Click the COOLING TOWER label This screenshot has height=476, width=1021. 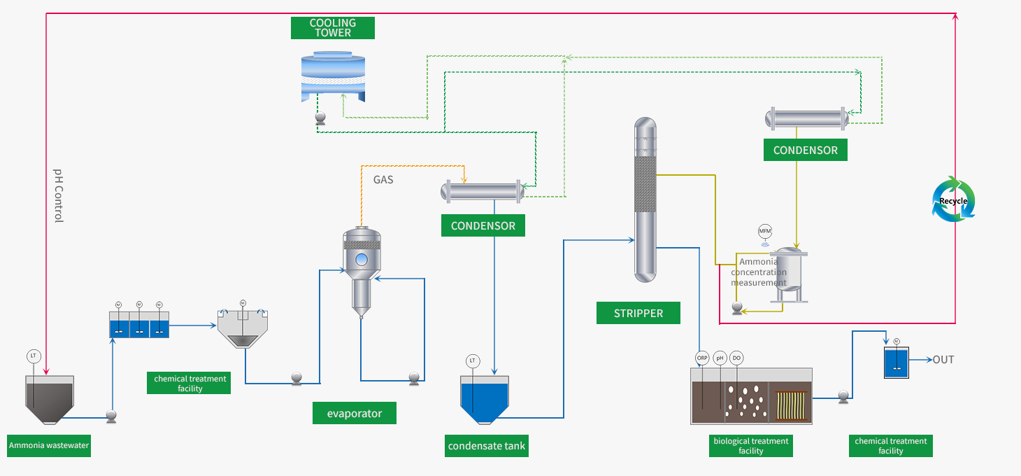(333, 28)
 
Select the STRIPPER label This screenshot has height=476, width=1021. (638, 313)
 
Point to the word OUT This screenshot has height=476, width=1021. (943, 360)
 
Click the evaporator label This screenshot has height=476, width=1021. (355, 413)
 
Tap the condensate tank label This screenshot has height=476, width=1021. (486, 446)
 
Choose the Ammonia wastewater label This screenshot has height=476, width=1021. (49, 445)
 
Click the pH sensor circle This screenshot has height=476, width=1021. (720, 358)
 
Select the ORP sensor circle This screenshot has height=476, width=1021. (702, 358)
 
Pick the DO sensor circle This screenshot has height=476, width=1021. (736, 358)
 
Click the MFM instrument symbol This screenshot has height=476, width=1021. (765, 232)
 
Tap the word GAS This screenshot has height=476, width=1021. (383, 180)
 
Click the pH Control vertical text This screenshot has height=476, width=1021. (59, 195)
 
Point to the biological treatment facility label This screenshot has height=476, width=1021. (750, 446)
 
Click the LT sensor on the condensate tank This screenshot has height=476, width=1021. (473, 360)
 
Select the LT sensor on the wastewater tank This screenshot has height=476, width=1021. (34, 356)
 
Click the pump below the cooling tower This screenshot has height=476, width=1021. (321, 119)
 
